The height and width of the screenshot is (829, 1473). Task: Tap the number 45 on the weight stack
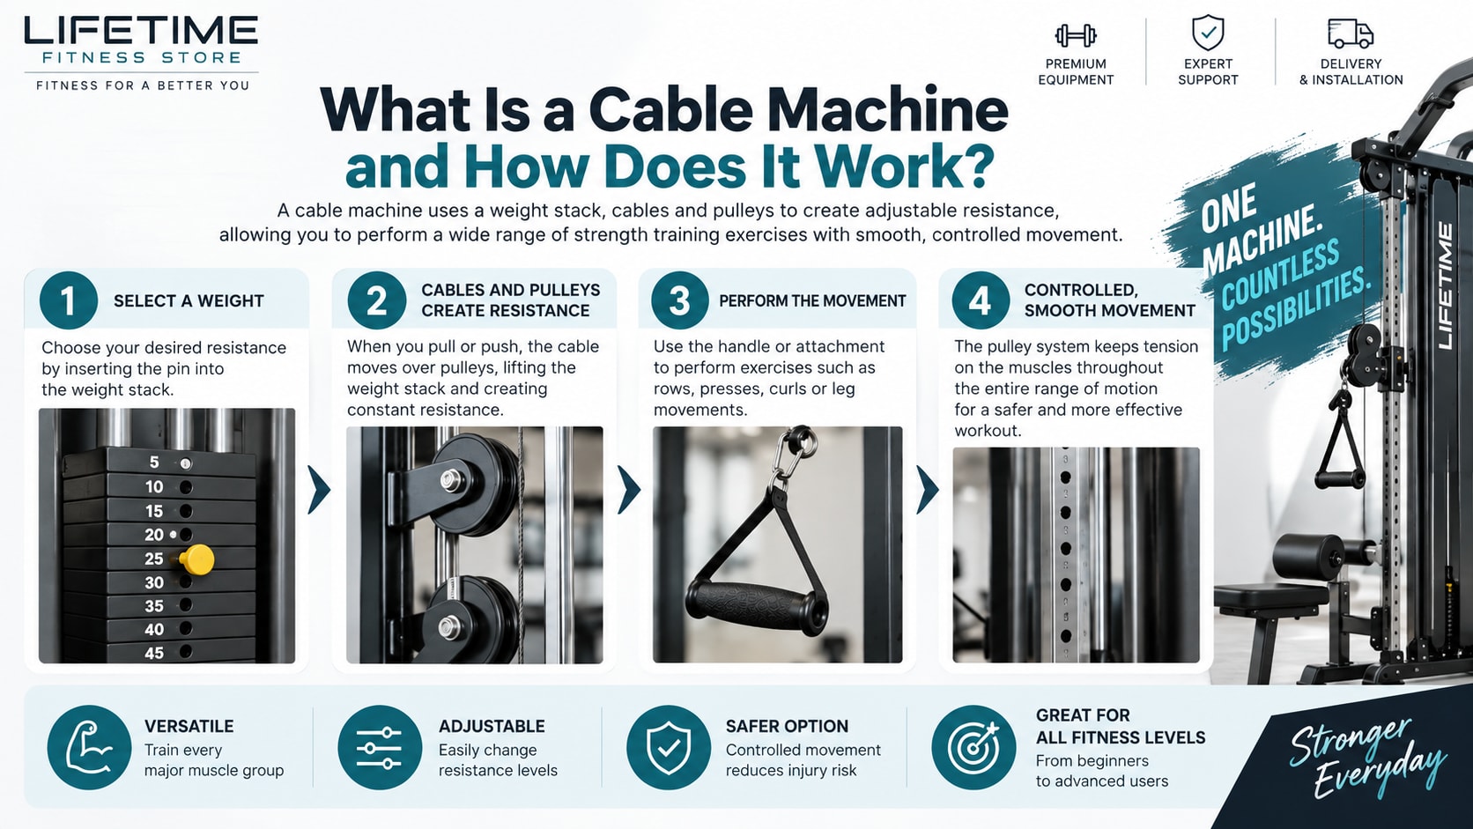coord(154,653)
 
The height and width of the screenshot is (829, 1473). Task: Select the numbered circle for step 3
coord(679,300)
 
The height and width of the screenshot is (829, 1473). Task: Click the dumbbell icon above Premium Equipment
coord(1076,35)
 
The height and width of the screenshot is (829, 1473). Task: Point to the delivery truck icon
coord(1350,33)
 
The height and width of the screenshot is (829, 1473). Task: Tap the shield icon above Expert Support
coord(1208,33)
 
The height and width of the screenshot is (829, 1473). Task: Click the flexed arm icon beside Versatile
coord(89,747)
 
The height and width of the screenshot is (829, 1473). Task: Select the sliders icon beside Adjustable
coord(380,747)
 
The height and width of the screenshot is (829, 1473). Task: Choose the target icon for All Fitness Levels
coord(973,747)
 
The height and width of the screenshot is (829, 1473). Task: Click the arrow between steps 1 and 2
coord(319,490)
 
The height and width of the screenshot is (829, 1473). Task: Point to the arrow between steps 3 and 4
coord(927,490)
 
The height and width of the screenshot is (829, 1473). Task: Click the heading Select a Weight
coord(189,301)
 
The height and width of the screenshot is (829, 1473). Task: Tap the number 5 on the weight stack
coord(154,463)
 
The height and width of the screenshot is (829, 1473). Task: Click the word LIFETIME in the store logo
coord(141,31)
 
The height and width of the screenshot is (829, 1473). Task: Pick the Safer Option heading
coord(787,727)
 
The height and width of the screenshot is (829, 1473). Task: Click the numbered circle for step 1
coord(69,300)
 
